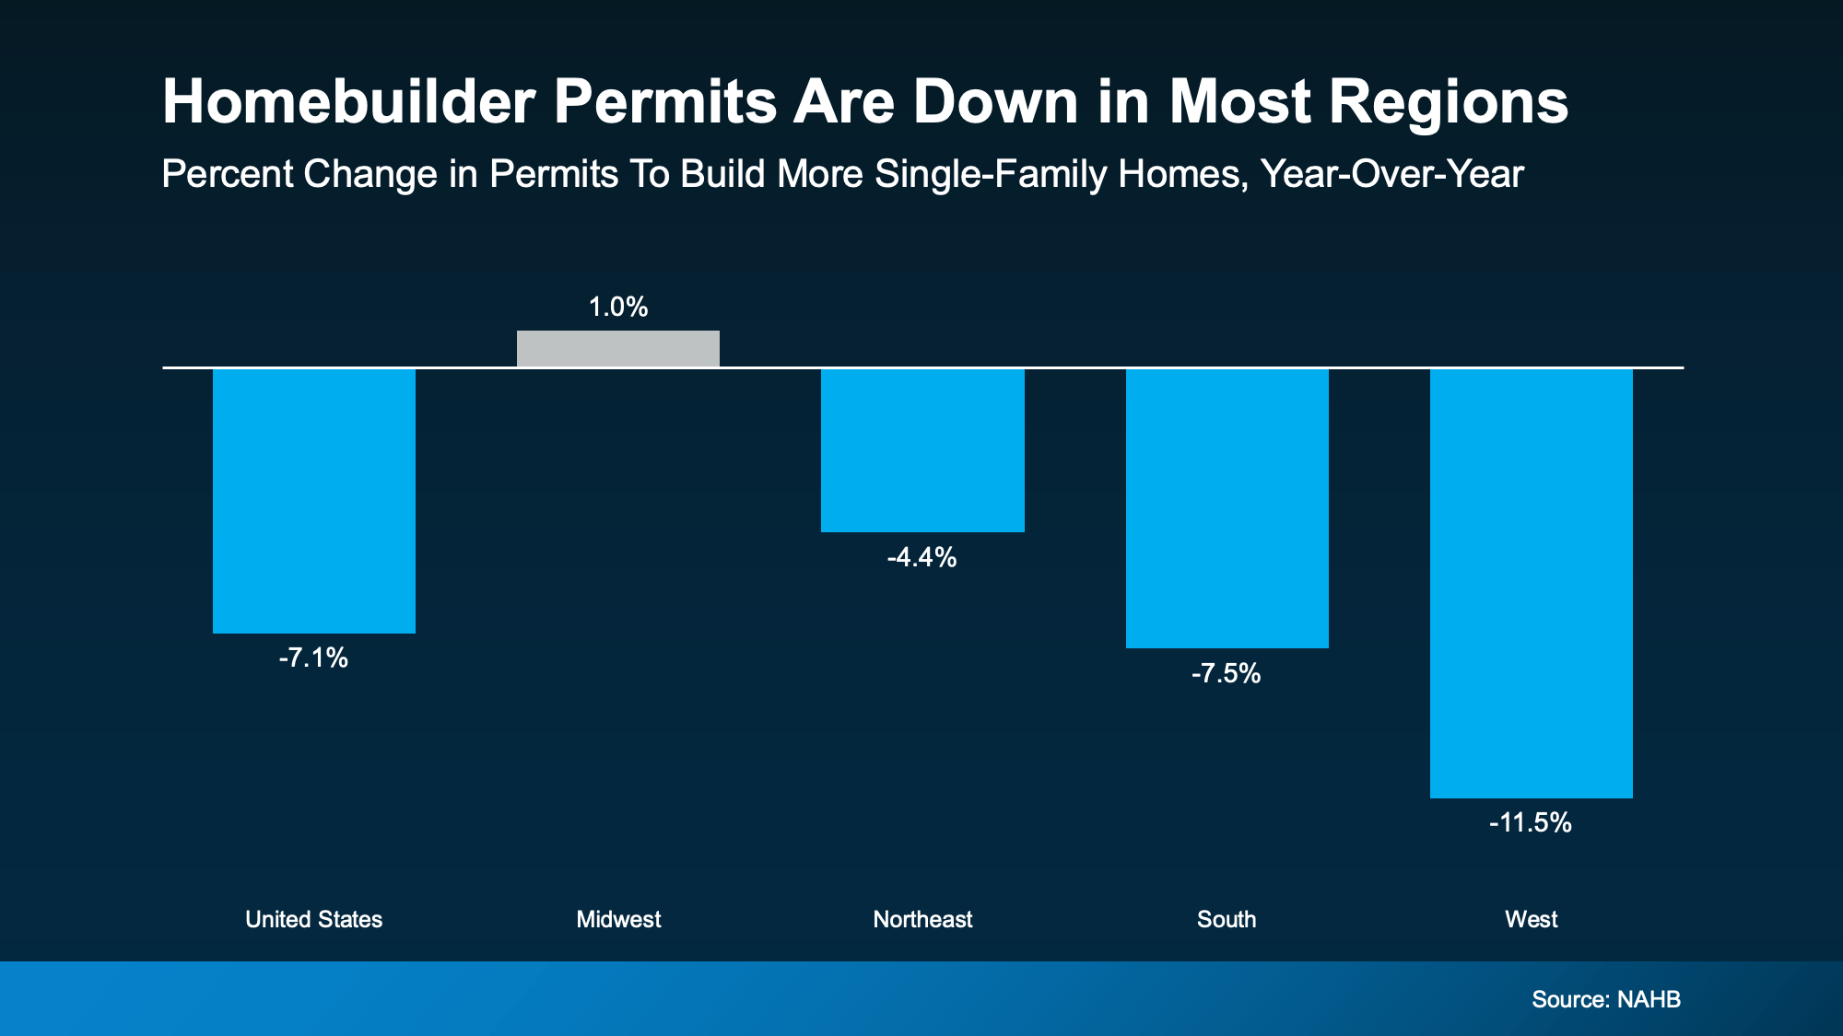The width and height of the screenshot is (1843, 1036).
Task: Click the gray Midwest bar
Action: point(618,349)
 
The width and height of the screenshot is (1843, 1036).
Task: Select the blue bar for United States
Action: point(314,501)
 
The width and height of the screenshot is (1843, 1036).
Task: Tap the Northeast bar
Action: point(922,450)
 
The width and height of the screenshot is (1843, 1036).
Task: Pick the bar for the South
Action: point(1227,508)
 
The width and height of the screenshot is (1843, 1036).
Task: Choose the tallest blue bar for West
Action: point(1531,583)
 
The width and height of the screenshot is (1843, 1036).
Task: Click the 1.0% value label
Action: point(618,307)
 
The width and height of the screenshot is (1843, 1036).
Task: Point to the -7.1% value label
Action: point(313,658)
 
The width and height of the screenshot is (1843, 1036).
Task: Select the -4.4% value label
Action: point(921,557)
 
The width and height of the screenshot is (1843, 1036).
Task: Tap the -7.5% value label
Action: point(1226,673)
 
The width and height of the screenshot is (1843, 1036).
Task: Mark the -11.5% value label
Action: point(1530,822)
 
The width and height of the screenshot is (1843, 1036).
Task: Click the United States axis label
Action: point(313,919)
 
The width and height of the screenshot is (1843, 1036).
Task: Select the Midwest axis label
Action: point(618,919)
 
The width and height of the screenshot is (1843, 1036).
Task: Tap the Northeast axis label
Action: point(922,919)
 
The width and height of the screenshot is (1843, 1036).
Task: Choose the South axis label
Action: point(1226,919)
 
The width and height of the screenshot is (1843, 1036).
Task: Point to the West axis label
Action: point(1531,919)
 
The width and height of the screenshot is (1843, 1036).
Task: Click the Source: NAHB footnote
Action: point(1605,999)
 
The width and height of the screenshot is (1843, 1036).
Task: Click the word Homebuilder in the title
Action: point(348,101)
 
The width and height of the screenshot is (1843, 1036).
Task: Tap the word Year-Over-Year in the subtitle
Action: point(1391,174)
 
